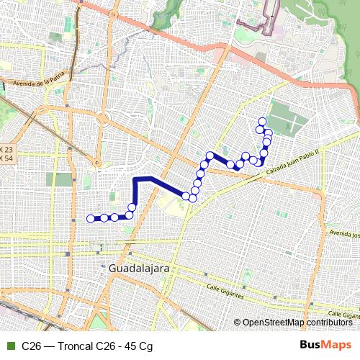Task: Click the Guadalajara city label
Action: point(141,267)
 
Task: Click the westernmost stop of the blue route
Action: point(91,218)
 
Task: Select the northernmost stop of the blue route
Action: point(262,121)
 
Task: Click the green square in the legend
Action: point(10,346)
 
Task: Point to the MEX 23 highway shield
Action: point(6,150)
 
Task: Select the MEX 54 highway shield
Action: point(6,158)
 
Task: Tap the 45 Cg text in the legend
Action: point(140,346)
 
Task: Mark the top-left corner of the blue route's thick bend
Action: point(135,179)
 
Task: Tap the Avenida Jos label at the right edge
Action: point(343,235)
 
